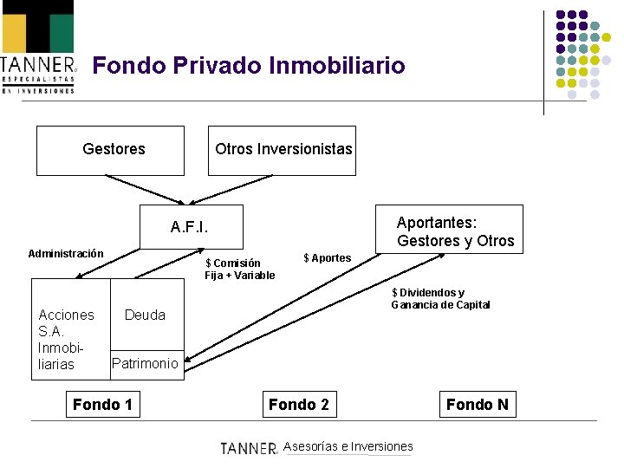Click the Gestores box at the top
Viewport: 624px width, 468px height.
[x=110, y=150]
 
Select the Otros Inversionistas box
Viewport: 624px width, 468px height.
[x=283, y=150]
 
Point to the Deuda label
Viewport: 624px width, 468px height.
[x=146, y=315]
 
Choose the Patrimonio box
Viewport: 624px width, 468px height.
[x=146, y=363]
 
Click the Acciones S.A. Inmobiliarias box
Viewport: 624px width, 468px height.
[x=69, y=339]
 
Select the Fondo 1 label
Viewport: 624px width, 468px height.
[x=102, y=405]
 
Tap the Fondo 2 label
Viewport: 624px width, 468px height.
[x=299, y=405]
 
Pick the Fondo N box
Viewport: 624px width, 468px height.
[x=477, y=405]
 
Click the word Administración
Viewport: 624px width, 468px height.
[x=66, y=254]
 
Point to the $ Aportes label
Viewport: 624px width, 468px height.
[x=328, y=257]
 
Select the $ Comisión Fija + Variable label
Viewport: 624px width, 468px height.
[x=240, y=270]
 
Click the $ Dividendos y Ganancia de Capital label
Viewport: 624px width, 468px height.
[x=440, y=298]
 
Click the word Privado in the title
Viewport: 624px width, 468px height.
[x=220, y=65]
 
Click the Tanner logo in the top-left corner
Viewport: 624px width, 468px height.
[x=38, y=48]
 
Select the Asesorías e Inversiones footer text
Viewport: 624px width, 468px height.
[x=348, y=446]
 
